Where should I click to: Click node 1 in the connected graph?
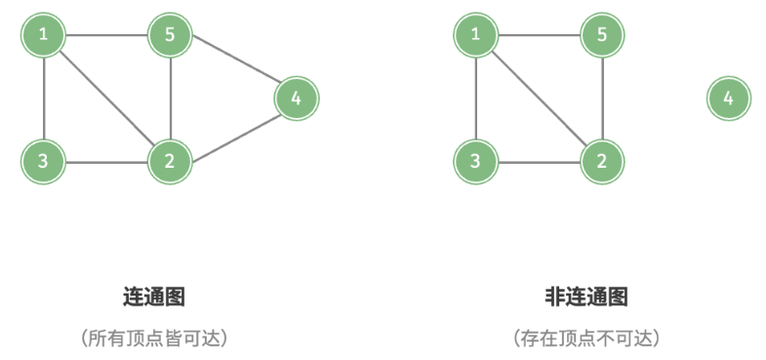click(43, 36)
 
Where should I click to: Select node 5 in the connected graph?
click(170, 36)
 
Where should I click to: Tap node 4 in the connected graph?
click(297, 98)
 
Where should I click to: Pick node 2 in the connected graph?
click(170, 160)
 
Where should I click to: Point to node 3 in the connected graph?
click(43, 160)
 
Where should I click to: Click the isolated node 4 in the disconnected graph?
click(728, 98)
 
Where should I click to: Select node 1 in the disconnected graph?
click(475, 36)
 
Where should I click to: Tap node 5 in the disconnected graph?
click(602, 36)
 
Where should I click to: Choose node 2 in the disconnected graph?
click(602, 160)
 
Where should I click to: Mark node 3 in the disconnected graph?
click(475, 160)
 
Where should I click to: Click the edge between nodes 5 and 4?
click(233, 66)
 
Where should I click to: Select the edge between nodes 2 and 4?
click(233, 129)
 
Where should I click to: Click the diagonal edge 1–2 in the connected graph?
click(106, 98)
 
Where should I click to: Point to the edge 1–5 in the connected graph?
click(106, 36)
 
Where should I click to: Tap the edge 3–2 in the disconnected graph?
click(539, 160)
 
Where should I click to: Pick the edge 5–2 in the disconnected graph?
click(602, 98)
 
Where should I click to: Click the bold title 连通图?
click(154, 297)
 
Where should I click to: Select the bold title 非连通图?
click(585, 297)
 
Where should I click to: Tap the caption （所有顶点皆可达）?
click(154, 339)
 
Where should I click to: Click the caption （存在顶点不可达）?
click(585, 339)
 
